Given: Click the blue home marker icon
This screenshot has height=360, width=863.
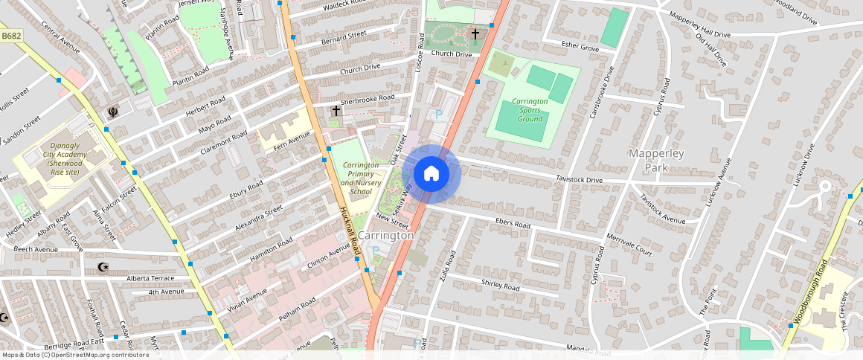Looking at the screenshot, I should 431,174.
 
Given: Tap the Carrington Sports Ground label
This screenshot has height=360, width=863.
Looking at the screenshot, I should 530,109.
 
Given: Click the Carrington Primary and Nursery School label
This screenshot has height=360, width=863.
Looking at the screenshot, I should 356,178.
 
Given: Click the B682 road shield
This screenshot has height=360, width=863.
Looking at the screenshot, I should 10,35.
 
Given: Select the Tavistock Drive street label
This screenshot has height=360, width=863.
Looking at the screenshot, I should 579,179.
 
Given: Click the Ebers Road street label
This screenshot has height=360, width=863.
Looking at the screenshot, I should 512,224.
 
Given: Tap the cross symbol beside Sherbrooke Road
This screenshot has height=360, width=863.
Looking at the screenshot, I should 336,111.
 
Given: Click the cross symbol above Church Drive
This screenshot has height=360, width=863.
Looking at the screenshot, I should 475,34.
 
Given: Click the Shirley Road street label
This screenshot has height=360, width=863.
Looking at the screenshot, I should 501,286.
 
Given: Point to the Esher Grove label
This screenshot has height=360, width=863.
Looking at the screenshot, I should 580,47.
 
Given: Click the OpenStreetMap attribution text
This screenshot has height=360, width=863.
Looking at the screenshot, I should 75,355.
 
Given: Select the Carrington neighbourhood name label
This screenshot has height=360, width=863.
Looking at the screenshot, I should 385,235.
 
